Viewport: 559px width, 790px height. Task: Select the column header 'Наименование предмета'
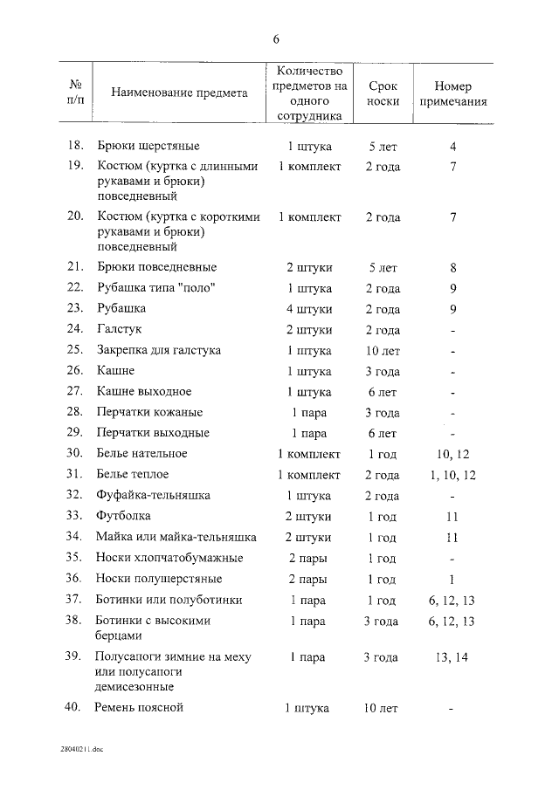point(179,93)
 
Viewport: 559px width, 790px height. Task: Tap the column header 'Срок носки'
point(383,93)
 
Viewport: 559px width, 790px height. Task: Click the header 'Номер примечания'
point(452,93)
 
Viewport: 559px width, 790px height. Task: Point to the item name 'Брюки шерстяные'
point(148,146)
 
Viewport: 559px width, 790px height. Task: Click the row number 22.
point(75,288)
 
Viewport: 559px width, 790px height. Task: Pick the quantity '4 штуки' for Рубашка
point(308,309)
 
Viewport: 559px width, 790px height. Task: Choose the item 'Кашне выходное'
point(143,392)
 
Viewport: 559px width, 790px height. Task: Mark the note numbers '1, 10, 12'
point(452,475)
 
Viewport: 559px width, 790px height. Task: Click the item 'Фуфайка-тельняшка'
point(153,496)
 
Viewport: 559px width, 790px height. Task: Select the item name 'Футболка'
point(123,517)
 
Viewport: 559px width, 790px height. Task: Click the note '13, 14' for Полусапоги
point(452,657)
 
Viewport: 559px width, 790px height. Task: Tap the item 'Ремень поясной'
point(139,708)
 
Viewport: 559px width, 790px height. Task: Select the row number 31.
point(75,475)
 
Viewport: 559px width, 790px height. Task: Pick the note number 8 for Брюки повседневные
point(452,267)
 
